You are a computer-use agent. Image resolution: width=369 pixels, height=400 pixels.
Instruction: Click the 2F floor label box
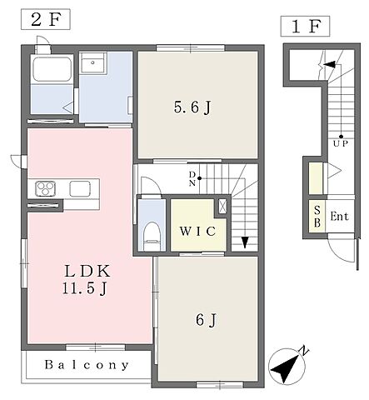click(x=45, y=19)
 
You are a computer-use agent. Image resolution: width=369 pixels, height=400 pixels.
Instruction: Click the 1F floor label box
click(x=305, y=26)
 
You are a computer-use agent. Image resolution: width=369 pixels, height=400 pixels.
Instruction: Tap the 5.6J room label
click(x=193, y=107)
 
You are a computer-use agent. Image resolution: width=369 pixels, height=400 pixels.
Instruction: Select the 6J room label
click(x=206, y=320)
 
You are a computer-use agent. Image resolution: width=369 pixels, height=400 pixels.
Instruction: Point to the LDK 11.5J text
click(x=86, y=279)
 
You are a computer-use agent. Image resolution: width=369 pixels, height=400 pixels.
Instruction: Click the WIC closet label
click(x=197, y=231)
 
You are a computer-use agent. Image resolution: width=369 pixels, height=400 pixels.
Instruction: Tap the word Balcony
click(x=87, y=365)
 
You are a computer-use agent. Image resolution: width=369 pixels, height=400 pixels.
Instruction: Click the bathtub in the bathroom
click(x=52, y=69)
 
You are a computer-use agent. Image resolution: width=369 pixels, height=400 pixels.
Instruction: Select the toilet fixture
click(x=152, y=236)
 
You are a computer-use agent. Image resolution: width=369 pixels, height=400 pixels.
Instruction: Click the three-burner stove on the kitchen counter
click(x=45, y=188)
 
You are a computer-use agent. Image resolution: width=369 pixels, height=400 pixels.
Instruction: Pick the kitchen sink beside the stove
click(x=80, y=188)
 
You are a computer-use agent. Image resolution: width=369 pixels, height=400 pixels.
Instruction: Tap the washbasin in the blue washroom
click(x=92, y=62)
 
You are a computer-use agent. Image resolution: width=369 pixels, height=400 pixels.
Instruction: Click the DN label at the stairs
click(x=192, y=178)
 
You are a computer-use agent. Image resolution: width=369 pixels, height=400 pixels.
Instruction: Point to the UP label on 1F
click(x=341, y=144)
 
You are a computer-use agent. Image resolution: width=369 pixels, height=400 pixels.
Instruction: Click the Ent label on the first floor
click(x=339, y=217)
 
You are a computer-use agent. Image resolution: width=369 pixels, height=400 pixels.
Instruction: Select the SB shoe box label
click(x=317, y=217)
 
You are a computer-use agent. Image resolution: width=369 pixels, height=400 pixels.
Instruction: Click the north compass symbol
click(x=287, y=365)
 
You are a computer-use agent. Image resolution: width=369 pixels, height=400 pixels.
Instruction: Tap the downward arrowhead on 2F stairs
click(x=245, y=242)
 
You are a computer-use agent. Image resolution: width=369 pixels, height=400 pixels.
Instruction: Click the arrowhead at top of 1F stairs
click(x=329, y=64)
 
